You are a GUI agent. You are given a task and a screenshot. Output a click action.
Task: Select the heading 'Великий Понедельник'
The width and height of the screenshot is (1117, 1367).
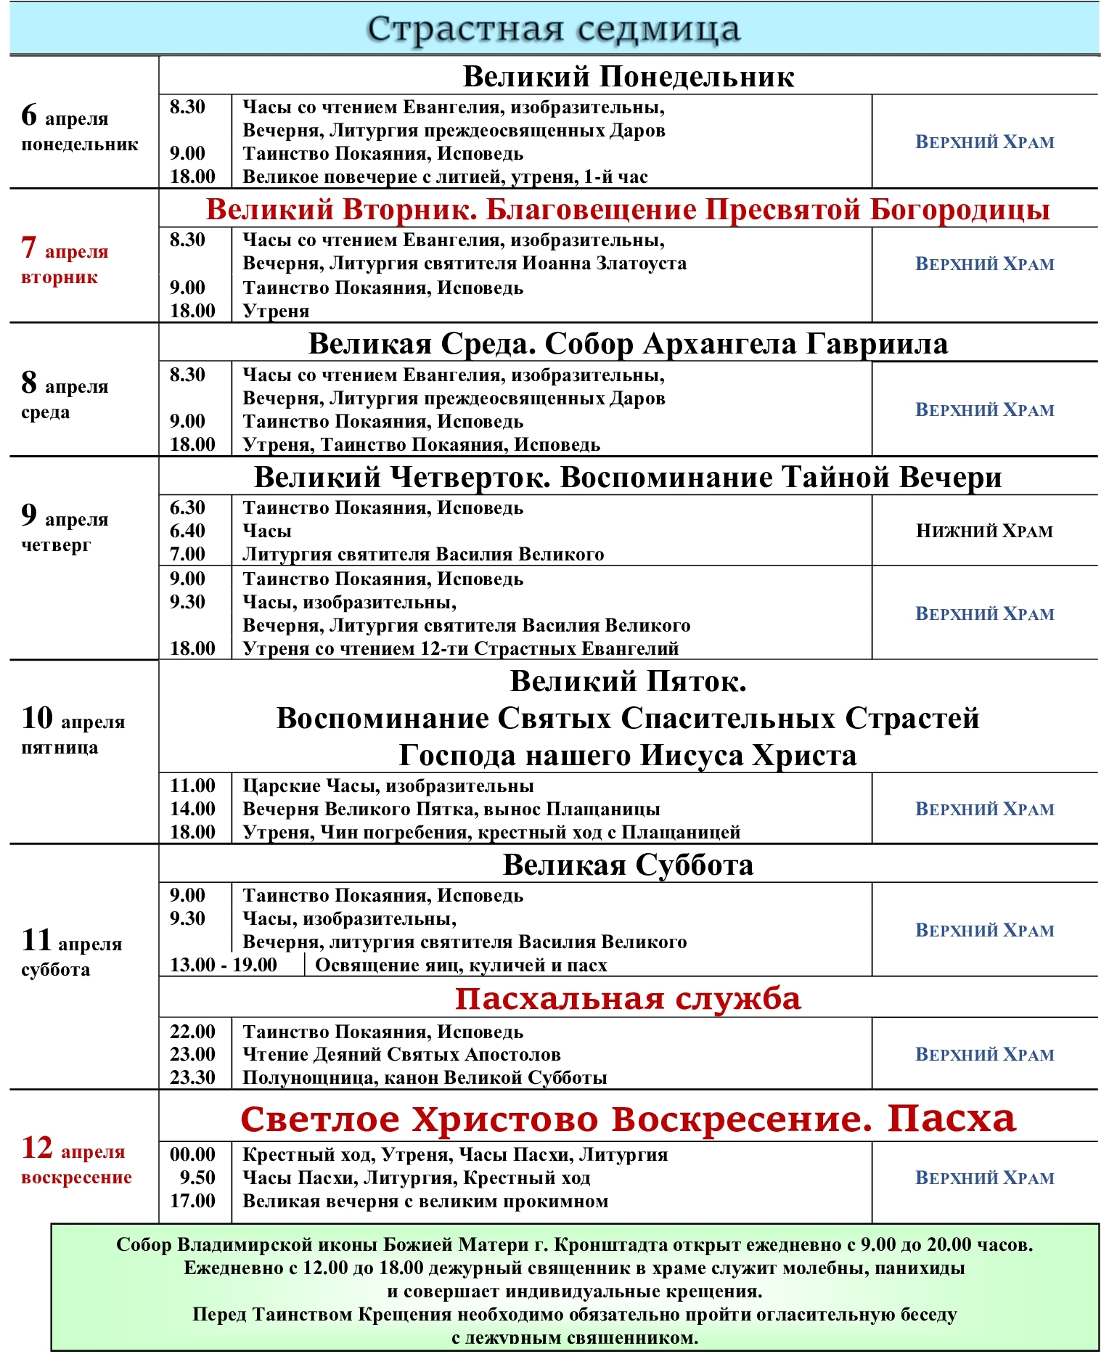[x=628, y=76]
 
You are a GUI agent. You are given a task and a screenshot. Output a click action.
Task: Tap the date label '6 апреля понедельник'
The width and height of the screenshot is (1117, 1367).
[x=79, y=129]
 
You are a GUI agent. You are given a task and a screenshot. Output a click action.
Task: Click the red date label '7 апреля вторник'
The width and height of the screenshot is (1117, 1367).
[x=65, y=262]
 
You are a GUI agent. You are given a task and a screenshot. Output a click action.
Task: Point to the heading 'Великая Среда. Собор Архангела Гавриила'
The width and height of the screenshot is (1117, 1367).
[x=628, y=343]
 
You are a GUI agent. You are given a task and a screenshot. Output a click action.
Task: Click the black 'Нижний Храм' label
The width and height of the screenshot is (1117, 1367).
[x=984, y=531]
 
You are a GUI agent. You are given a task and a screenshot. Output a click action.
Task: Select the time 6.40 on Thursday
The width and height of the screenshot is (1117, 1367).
[x=187, y=531]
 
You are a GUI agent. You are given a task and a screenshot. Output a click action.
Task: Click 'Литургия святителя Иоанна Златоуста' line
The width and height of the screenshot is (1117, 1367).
[x=465, y=264]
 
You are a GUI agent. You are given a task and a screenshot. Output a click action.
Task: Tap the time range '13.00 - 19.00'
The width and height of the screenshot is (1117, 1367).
[x=224, y=965]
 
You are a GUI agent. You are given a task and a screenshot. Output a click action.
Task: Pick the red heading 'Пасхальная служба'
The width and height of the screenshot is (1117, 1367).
[x=628, y=999]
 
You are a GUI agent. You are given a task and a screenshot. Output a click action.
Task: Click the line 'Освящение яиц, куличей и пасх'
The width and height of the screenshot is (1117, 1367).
[x=461, y=966]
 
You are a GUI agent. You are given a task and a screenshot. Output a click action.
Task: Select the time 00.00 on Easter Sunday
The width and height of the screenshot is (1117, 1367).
[x=192, y=1154]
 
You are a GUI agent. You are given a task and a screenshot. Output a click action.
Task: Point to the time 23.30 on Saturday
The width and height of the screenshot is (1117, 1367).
[x=192, y=1077]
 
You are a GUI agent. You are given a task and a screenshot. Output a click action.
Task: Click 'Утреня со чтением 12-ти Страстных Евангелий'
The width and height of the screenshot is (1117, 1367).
[x=461, y=648]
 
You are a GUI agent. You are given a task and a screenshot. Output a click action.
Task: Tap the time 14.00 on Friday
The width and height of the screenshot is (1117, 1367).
[x=192, y=809]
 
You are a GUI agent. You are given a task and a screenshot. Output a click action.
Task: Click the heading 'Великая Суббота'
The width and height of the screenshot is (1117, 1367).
[x=628, y=865]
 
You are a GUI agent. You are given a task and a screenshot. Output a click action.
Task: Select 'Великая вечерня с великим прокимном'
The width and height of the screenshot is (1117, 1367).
[x=425, y=1201]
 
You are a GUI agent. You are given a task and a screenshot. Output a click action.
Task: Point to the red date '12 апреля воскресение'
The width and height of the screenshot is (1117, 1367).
[x=76, y=1160]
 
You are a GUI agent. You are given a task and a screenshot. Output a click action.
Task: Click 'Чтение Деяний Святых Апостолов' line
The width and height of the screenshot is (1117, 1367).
[x=401, y=1054]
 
